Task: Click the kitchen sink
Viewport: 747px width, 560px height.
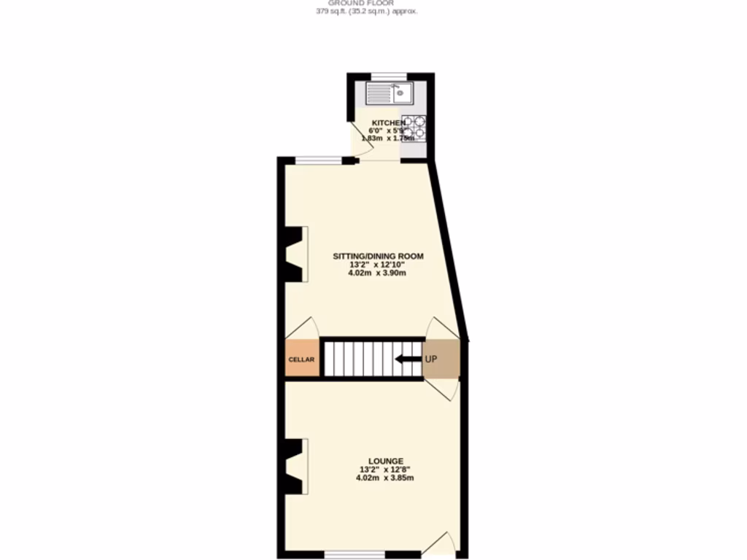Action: pyautogui.click(x=390, y=93)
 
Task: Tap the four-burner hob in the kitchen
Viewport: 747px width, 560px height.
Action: pyautogui.click(x=413, y=128)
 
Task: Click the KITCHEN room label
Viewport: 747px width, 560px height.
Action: pyautogui.click(x=387, y=122)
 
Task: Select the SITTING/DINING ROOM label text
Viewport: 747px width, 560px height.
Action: pyautogui.click(x=378, y=256)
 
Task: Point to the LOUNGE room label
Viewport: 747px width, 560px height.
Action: pyautogui.click(x=386, y=461)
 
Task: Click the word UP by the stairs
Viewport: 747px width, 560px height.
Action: pyautogui.click(x=432, y=359)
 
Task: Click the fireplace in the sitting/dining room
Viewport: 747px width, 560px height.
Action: pyautogui.click(x=295, y=253)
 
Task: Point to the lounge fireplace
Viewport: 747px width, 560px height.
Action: pyautogui.click(x=295, y=466)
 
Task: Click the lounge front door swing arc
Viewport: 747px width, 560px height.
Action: pyautogui.click(x=442, y=543)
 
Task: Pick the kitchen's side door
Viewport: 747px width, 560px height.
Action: pyautogui.click(x=360, y=138)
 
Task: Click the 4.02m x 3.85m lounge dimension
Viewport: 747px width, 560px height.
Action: pyautogui.click(x=385, y=478)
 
